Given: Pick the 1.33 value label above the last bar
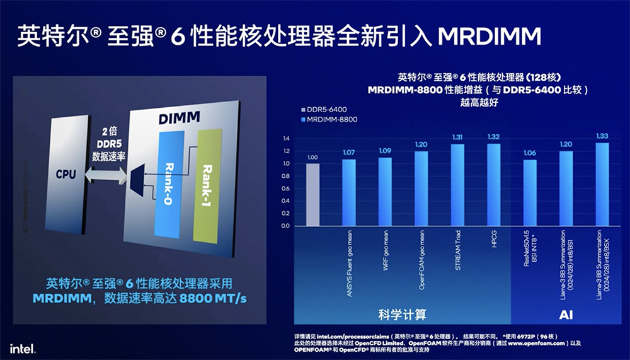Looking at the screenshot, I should (602, 136).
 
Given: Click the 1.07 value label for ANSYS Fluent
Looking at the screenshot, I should (349, 153).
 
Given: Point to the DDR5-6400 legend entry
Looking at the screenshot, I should (325, 108).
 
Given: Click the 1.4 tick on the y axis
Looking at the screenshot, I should (286, 139).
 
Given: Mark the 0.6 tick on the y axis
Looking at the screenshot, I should (286, 189).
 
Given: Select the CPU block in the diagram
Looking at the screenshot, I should (66, 173).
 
